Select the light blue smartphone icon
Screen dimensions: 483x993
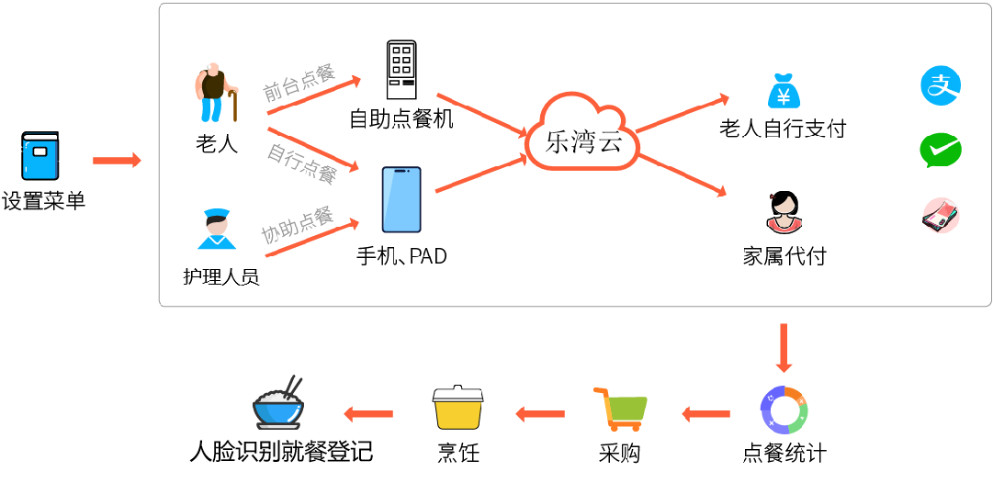[x=401, y=199]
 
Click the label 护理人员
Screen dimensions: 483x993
[x=221, y=276]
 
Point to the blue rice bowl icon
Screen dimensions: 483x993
[x=277, y=410]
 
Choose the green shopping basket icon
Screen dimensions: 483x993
[x=640, y=411]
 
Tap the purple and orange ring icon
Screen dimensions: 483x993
[x=783, y=410]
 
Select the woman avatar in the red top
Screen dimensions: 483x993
[x=783, y=213]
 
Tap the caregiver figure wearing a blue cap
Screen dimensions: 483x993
[x=220, y=230]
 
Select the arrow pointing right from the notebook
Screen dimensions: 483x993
[x=125, y=161]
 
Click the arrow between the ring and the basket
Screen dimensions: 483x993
[x=722, y=414]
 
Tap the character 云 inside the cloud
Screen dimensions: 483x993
[x=607, y=142]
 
